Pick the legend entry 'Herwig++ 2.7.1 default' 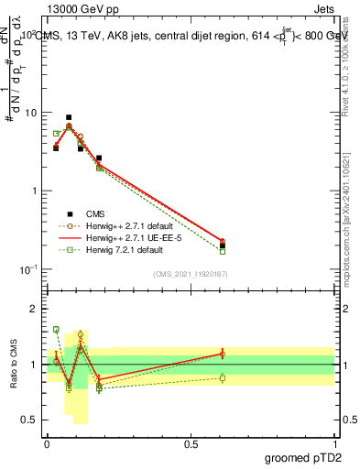click(134, 225)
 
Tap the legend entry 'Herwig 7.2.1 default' click(129, 249)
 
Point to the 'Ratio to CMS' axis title click(13, 365)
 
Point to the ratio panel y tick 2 click(33, 309)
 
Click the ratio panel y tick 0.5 click(29, 420)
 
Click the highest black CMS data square click(69, 117)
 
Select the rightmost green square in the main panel click(223, 251)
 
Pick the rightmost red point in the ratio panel click(223, 354)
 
